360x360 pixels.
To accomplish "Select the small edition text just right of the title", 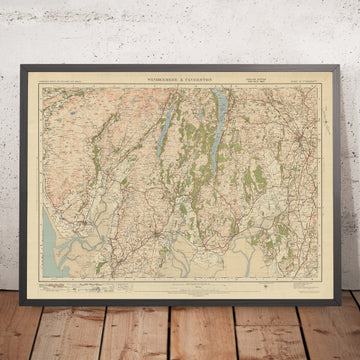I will (240, 82).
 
